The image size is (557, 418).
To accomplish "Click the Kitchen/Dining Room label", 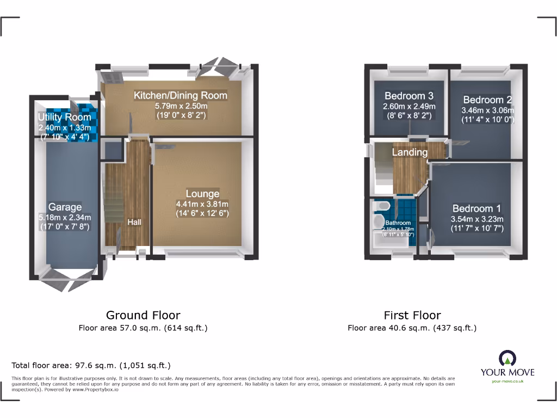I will [181, 95].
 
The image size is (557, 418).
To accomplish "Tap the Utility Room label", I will [64, 118].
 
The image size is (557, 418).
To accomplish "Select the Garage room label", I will [65, 207].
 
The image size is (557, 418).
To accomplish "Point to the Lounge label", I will [202, 194].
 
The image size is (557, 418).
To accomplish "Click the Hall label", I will [134, 222].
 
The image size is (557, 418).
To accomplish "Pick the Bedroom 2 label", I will [487, 100].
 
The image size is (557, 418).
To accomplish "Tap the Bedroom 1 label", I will [477, 208].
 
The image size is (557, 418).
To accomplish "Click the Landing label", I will [410, 152].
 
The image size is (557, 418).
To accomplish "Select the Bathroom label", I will [398, 223].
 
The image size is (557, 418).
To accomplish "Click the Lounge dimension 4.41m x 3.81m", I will [202, 204].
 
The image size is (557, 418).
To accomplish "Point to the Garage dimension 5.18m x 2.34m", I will [65, 217].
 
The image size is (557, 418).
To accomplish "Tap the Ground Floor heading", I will [143, 315].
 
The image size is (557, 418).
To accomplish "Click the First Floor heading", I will [412, 315].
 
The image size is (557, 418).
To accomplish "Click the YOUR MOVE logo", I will [507, 365].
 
